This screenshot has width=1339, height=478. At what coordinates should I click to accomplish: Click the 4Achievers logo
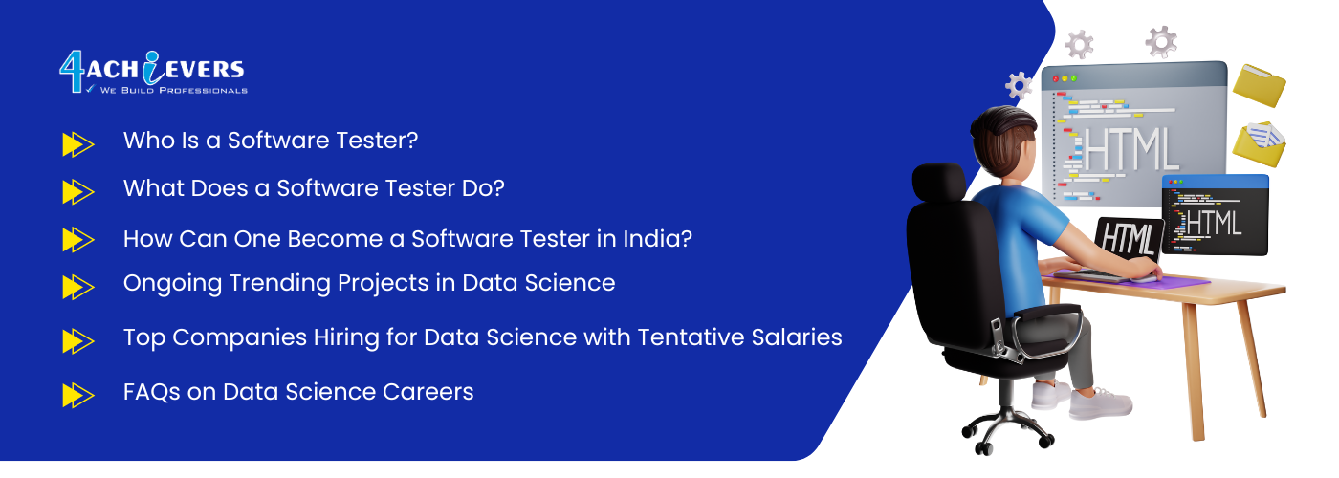(x=153, y=73)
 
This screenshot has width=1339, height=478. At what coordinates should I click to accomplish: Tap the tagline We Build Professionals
(x=173, y=90)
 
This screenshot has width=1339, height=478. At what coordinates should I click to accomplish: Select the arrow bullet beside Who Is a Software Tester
(x=78, y=144)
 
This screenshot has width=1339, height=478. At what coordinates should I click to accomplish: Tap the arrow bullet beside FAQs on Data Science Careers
(x=78, y=395)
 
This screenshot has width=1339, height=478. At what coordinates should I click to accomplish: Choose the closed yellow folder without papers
(x=1259, y=85)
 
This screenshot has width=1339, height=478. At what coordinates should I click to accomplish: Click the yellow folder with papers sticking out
(x=1259, y=144)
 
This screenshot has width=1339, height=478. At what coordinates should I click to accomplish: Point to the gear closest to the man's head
(x=1019, y=85)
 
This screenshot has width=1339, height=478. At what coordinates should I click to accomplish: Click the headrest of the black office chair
(x=938, y=183)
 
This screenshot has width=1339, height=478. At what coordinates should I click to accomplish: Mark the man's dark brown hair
(x=1002, y=135)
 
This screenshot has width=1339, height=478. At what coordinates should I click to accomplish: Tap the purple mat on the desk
(x=1130, y=279)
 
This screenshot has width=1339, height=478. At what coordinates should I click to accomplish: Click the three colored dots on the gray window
(x=1064, y=78)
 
